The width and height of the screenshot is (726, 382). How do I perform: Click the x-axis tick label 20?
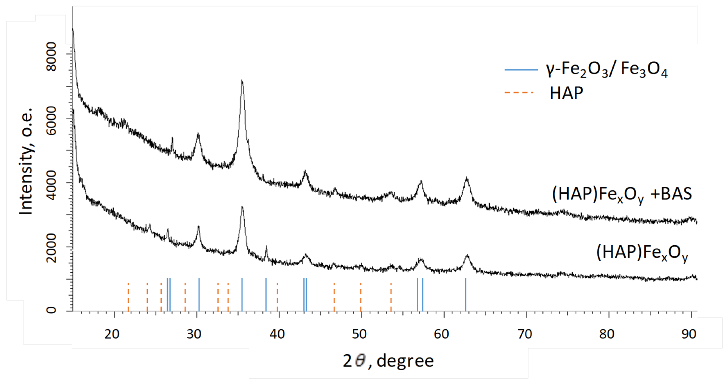pos(112,334)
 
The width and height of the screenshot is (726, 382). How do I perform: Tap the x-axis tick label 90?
pos(689,334)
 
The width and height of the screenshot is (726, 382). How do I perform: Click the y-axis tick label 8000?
pos(52,56)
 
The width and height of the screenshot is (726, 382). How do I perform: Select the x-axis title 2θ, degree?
pos(388,361)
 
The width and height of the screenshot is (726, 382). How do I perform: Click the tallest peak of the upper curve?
pos(242,81)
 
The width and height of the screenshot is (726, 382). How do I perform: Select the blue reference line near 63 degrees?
pos(465,294)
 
